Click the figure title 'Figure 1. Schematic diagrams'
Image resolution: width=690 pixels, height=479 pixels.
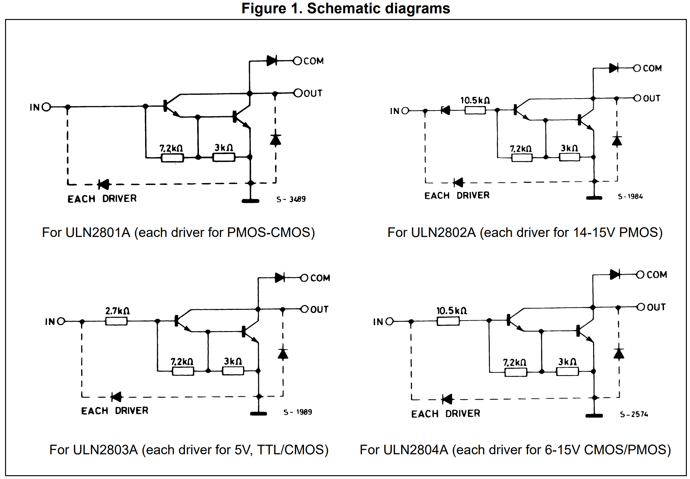tap(346, 8)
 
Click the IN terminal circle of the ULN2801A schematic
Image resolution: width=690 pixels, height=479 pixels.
tap(46, 107)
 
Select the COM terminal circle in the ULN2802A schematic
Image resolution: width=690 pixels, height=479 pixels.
tap(637, 68)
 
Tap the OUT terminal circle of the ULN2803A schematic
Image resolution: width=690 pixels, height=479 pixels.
tap(304, 309)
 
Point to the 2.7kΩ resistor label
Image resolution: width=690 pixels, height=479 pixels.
tap(117, 311)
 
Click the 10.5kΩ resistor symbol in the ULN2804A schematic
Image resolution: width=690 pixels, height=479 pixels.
tap(448, 321)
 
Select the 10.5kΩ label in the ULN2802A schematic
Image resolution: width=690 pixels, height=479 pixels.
tap(475, 100)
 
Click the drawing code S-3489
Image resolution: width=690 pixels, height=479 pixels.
tap(291, 199)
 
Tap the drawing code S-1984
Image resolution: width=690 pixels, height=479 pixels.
tap(630, 196)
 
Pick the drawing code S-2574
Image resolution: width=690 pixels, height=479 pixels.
tap(634, 414)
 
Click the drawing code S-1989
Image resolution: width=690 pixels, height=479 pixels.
tap(297, 412)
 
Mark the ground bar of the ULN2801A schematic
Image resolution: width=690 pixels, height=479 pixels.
tap(251, 201)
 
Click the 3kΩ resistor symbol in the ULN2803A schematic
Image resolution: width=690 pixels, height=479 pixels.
tap(233, 371)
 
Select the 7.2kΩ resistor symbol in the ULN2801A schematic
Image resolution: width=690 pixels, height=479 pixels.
tap(172, 158)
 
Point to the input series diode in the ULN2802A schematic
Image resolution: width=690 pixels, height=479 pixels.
tap(445, 110)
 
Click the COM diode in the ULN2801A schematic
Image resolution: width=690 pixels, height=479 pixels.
tap(272, 61)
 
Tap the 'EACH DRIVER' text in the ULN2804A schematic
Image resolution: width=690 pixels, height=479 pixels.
tap(446, 414)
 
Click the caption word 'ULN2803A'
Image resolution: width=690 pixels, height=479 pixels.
tap(105, 450)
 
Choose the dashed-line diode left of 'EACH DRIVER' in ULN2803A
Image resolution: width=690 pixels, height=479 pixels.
tap(116, 397)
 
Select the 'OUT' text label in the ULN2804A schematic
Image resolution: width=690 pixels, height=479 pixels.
tap(656, 307)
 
